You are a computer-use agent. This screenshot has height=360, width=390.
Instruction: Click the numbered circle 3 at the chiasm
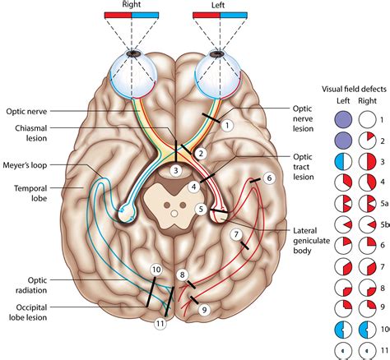coord(175,170)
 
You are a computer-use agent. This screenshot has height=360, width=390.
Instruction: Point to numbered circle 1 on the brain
coord(229,125)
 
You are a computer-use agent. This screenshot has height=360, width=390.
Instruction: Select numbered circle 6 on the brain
coord(269,176)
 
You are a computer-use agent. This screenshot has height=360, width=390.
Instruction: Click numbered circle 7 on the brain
coord(236,235)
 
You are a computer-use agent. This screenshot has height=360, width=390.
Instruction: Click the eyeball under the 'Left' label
coord(217,65)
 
